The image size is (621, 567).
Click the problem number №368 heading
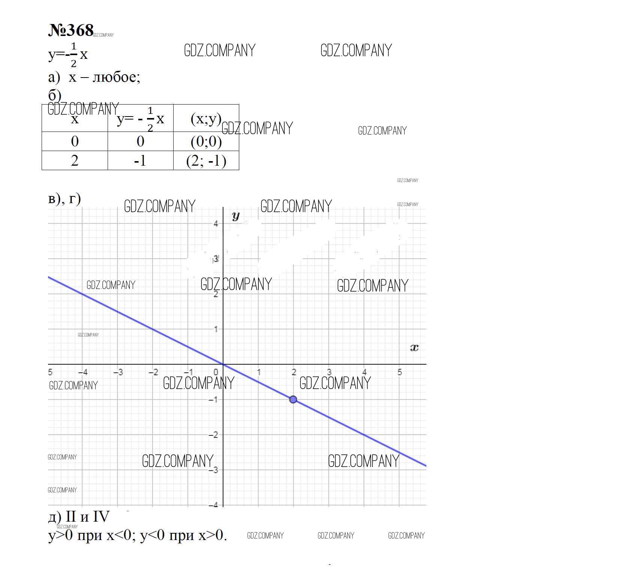[x=71, y=30]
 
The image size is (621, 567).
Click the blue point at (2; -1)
[x=293, y=399]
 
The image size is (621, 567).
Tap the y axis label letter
[x=235, y=216]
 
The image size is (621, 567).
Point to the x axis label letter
[x=414, y=348]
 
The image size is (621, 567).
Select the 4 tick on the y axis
[x=216, y=224]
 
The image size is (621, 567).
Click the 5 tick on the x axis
[x=400, y=372]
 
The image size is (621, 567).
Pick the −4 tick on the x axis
[x=83, y=372]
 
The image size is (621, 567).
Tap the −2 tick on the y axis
[x=214, y=435]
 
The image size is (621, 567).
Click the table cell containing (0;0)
[x=206, y=141]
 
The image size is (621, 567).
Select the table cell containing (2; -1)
[x=206, y=161]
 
